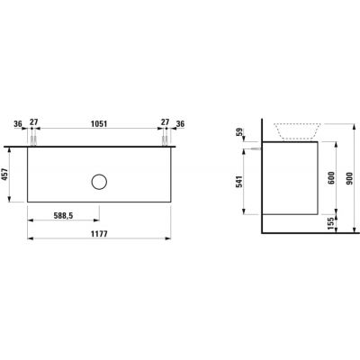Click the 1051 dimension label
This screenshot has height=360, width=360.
pyautogui.click(x=99, y=123)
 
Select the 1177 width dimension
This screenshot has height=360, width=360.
pyautogui.click(x=99, y=234)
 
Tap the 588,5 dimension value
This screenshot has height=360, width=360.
pyautogui.click(x=63, y=215)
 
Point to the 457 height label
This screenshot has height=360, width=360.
pyautogui.click(x=4, y=175)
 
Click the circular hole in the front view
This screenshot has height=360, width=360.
pyautogui.click(x=99, y=182)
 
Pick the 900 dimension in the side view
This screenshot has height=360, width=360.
pyautogui.click(x=350, y=178)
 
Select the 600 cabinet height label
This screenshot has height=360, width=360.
pyautogui.click(x=331, y=178)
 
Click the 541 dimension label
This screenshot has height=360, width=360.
pyautogui.click(x=239, y=182)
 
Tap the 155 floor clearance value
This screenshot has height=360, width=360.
pyautogui.click(x=330, y=223)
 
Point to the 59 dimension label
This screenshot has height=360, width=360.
pyautogui.click(x=239, y=132)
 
